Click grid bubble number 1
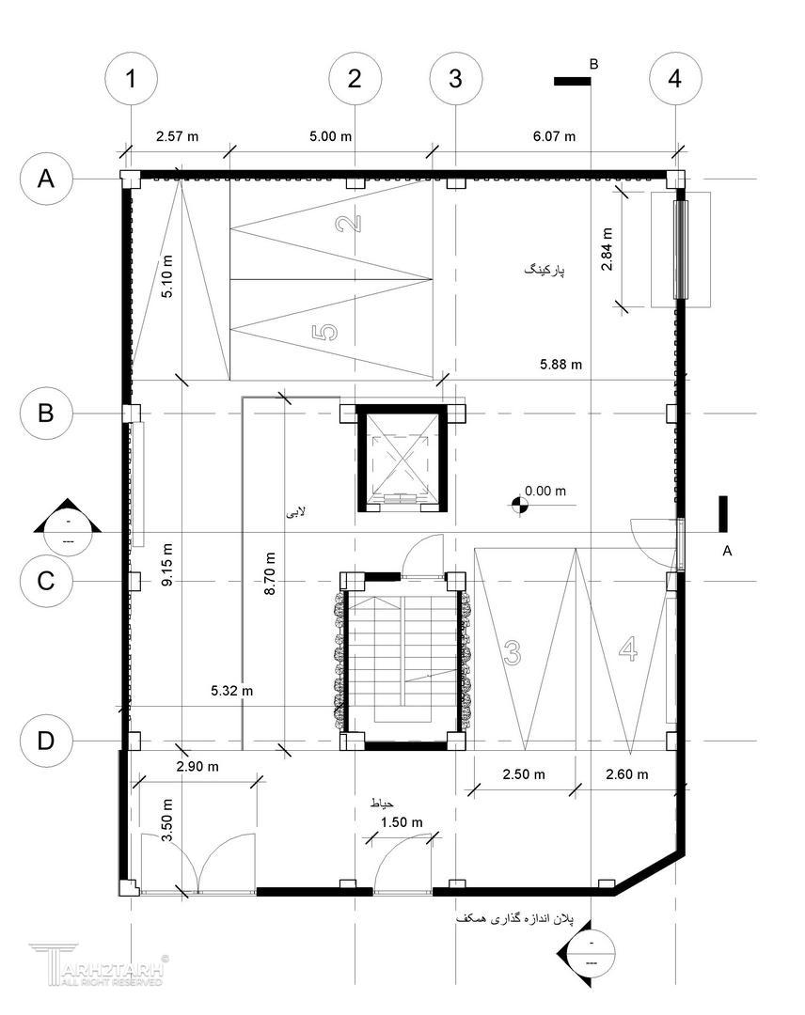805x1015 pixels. point(131,79)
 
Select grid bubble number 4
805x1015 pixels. point(675,79)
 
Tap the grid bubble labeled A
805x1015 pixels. point(46,178)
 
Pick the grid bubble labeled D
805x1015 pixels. point(46,740)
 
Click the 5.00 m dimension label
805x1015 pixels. point(330,136)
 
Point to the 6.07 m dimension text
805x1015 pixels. point(554,136)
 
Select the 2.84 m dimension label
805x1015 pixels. point(607,249)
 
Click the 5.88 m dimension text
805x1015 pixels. point(560,365)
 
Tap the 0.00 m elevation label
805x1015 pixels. point(545,491)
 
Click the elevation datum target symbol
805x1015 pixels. point(518,505)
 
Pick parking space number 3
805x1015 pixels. point(513,652)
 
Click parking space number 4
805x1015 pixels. point(628,648)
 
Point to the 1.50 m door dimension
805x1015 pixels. point(402,822)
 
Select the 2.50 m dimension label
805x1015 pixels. point(523,774)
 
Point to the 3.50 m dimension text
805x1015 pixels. point(167,820)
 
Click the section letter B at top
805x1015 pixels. point(593,64)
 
